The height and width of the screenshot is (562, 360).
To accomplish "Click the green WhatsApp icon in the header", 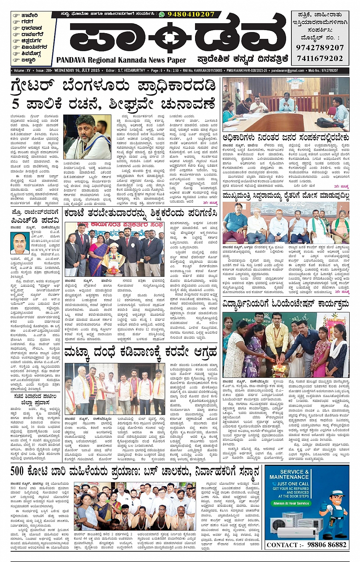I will pos(162,14).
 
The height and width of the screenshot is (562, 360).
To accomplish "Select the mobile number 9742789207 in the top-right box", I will pos(320,48).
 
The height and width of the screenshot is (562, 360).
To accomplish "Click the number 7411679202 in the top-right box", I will pos(320,58).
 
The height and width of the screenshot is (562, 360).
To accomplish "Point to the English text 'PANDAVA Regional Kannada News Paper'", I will pos(121,60).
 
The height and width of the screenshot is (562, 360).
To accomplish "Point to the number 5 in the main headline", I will pos(16,104).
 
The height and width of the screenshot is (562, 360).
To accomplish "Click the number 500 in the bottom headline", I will pos(17,471).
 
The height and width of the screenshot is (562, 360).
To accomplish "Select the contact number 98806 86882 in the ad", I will pos(326,544).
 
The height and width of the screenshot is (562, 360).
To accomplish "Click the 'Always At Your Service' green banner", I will pos(291,503).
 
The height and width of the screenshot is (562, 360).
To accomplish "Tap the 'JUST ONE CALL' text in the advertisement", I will pos(293,483).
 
